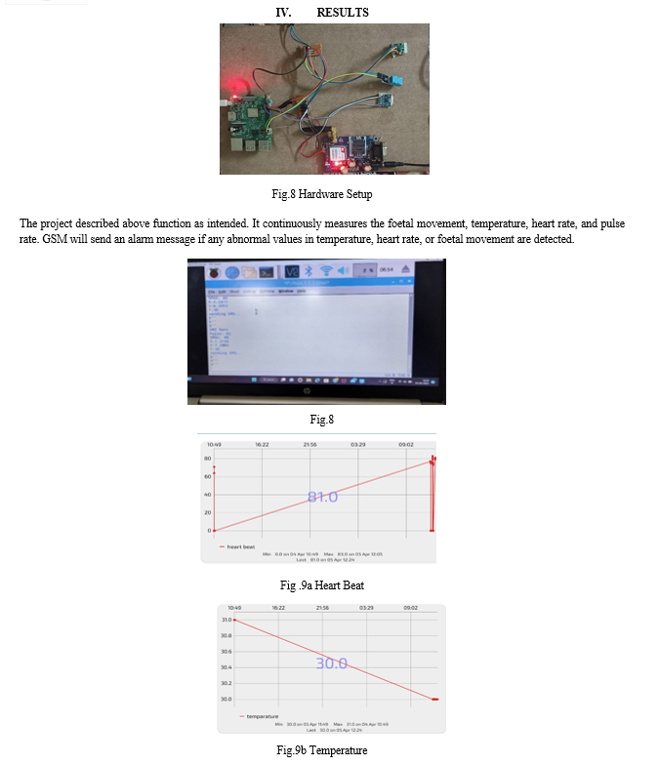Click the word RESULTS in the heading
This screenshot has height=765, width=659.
point(343,13)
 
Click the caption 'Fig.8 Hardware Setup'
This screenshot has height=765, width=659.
point(321,194)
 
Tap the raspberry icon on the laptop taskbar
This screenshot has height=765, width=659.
point(211,270)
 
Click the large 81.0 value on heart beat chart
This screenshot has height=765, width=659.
point(322,497)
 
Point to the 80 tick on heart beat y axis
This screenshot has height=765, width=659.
point(208,459)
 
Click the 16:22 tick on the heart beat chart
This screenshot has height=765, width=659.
point(262,445)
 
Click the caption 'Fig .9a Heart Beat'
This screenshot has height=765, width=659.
point(321,585)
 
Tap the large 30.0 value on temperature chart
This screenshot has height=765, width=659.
point(331,663)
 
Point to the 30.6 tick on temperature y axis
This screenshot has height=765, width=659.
point(227,651)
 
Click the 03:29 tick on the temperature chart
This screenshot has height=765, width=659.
point(366,607)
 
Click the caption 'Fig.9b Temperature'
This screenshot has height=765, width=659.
point(321,750)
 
